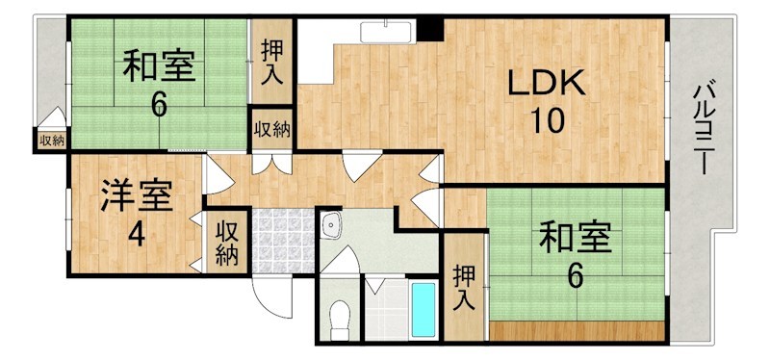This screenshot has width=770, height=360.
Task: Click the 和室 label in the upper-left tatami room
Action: [159, 67]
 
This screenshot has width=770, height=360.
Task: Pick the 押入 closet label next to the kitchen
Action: [272, 63]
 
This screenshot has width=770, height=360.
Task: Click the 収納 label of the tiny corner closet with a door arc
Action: [51, 141]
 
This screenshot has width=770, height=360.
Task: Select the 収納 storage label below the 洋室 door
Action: [226, 243]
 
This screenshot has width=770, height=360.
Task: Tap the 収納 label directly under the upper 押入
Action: [273, 130]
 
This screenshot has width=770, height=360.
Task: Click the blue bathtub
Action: [423, 308]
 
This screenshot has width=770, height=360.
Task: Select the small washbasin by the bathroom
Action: [332, 226]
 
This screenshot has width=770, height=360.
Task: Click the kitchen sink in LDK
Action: [385, 31]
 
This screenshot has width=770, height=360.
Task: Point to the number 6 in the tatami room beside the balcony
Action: [575, 276]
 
